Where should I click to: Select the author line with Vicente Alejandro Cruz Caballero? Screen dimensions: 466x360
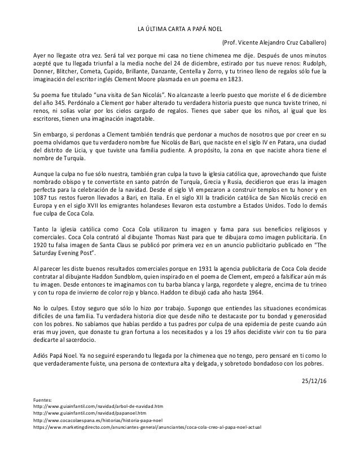274,43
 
